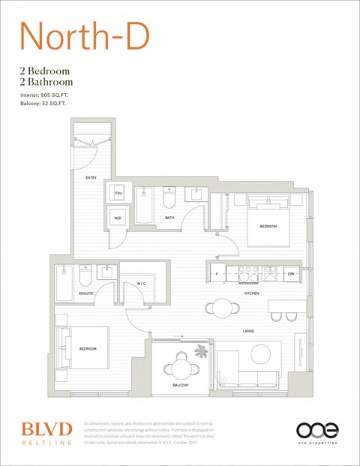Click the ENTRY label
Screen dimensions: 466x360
(91, 178)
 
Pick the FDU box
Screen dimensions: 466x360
(118, 194)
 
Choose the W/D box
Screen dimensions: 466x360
(118, 218)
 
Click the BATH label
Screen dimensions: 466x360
(169, 218)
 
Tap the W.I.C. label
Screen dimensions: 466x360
(142, 284)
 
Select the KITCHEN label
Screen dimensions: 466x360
(251, 293)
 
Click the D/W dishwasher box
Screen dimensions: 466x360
(291, 275)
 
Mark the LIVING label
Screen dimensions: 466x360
(248, 331)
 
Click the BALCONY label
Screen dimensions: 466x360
(180, 385)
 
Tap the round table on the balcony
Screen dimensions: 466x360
(181, 368)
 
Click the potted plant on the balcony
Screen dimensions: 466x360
(201, 350)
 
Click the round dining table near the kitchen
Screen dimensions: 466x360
(221, 307)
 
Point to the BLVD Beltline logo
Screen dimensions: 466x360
(46, 432)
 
